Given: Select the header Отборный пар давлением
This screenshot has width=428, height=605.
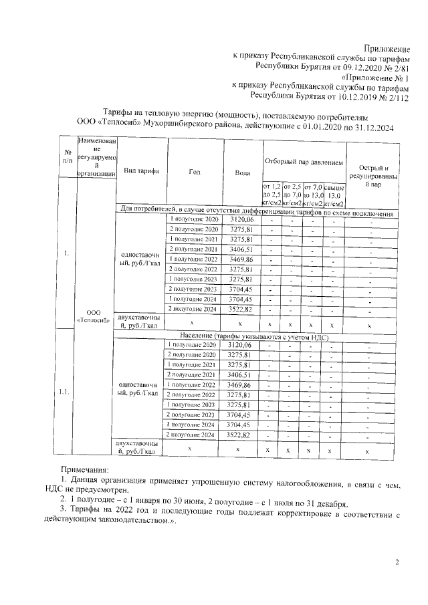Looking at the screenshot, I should [x=304, y=162].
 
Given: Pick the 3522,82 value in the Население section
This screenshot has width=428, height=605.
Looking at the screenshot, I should [x=241, y=435].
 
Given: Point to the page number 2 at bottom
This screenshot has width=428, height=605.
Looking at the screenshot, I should [x=397, y=563].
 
